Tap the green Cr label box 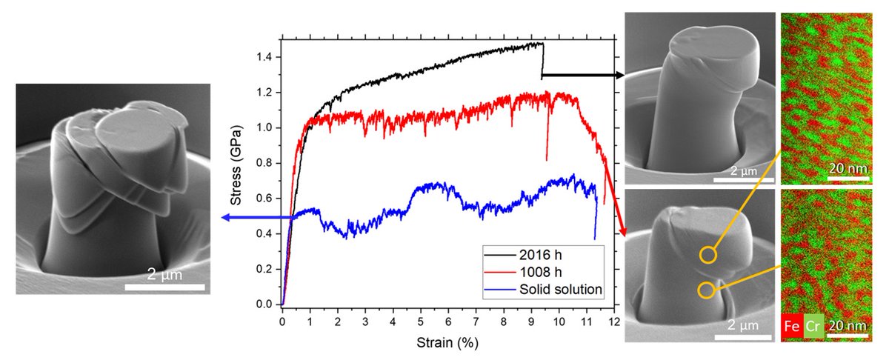pos(810,324)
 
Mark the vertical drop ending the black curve pos(543,59)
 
